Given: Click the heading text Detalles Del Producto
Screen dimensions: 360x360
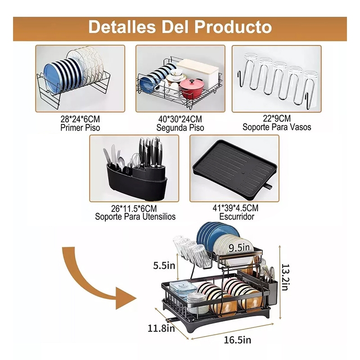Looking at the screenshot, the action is [x=180, y=27].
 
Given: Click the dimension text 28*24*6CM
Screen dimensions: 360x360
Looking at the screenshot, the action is [x=80, y=119].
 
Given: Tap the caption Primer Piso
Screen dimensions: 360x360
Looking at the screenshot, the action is [x=80, y=128].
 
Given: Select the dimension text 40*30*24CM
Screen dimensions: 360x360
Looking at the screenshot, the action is [x=180, y=119].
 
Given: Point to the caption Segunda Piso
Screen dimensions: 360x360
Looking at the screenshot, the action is [x=180, y=128].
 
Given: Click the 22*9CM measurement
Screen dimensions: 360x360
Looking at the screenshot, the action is [x=277, y=118].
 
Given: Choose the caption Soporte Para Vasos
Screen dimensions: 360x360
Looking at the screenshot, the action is [x=277, y=127].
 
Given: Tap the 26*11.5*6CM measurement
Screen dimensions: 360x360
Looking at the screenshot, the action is [x=134, y=208].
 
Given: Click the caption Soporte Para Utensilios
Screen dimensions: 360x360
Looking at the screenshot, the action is [x=135, y=216].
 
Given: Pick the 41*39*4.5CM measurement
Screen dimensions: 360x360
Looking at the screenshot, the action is [x=235, y=208].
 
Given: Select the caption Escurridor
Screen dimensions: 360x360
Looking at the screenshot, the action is [x=237, y=216].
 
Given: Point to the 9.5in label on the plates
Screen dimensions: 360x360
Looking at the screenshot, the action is [x=239, y=247].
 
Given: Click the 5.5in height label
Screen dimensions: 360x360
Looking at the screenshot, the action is [x=164, y=265].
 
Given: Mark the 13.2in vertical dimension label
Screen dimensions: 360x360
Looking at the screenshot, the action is [x=285, y=277].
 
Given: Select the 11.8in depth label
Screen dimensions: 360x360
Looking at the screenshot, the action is [x=161, y=328].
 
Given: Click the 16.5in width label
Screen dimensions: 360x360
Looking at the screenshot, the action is [x=238, y=340].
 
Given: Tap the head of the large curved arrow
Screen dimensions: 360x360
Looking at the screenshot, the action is [x=125, y=298].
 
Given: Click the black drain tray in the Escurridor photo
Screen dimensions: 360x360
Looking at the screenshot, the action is [x=234, y=170].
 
